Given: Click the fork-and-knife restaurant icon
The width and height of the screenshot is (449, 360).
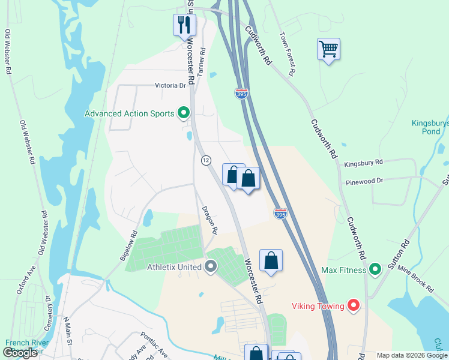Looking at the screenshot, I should pyautogui.click(x=184, y=25).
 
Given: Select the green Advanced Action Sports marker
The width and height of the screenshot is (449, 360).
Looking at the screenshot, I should pyautogui.click(x=184, y=113).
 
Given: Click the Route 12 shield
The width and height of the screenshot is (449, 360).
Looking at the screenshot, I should pyautogui.click(x=206, y=160).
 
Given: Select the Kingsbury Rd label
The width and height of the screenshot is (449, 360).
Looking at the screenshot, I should pyautogui.click(x=363, y=163).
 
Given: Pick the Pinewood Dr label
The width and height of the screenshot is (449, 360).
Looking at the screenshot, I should pyautogui.click(x=364, y=181).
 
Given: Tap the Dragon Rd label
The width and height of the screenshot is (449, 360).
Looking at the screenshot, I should pyautogui.click(x=209, y=220).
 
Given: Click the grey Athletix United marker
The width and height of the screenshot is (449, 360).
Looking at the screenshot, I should pyautogui.click(x=211, y=265).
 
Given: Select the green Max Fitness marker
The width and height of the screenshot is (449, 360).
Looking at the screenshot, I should pyautogui.click(x=375, y=270).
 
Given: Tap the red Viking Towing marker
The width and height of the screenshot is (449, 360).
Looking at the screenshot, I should pyautogui.click(x=354, y=306).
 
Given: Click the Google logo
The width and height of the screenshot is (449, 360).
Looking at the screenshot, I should pyautogui.click(x=20, y=353).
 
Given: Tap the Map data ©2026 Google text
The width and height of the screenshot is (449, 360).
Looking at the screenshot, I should pyautogui.click(x=411, y=355).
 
